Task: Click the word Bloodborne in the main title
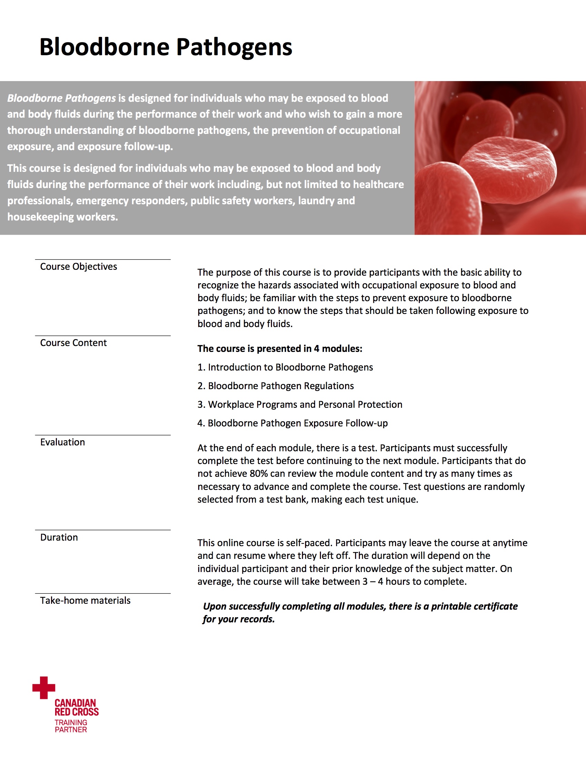click(104, 47)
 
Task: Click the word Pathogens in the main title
click(234, 47)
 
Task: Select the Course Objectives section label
click(79, 267)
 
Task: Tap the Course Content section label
click(73, 343)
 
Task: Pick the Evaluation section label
click(62, 442)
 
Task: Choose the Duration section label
click(59, 537)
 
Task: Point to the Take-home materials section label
click(85, 601)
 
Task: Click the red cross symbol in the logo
click(44, 687)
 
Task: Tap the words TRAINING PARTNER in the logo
click(71, 726)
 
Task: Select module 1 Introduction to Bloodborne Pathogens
click(285, 367)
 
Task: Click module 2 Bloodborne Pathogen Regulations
click(276, 386)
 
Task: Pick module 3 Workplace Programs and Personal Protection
click(300, 405)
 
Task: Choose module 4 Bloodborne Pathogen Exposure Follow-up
click(293, 423)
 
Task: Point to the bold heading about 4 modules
click(280, 348)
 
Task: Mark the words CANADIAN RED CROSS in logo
click(77, 708)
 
